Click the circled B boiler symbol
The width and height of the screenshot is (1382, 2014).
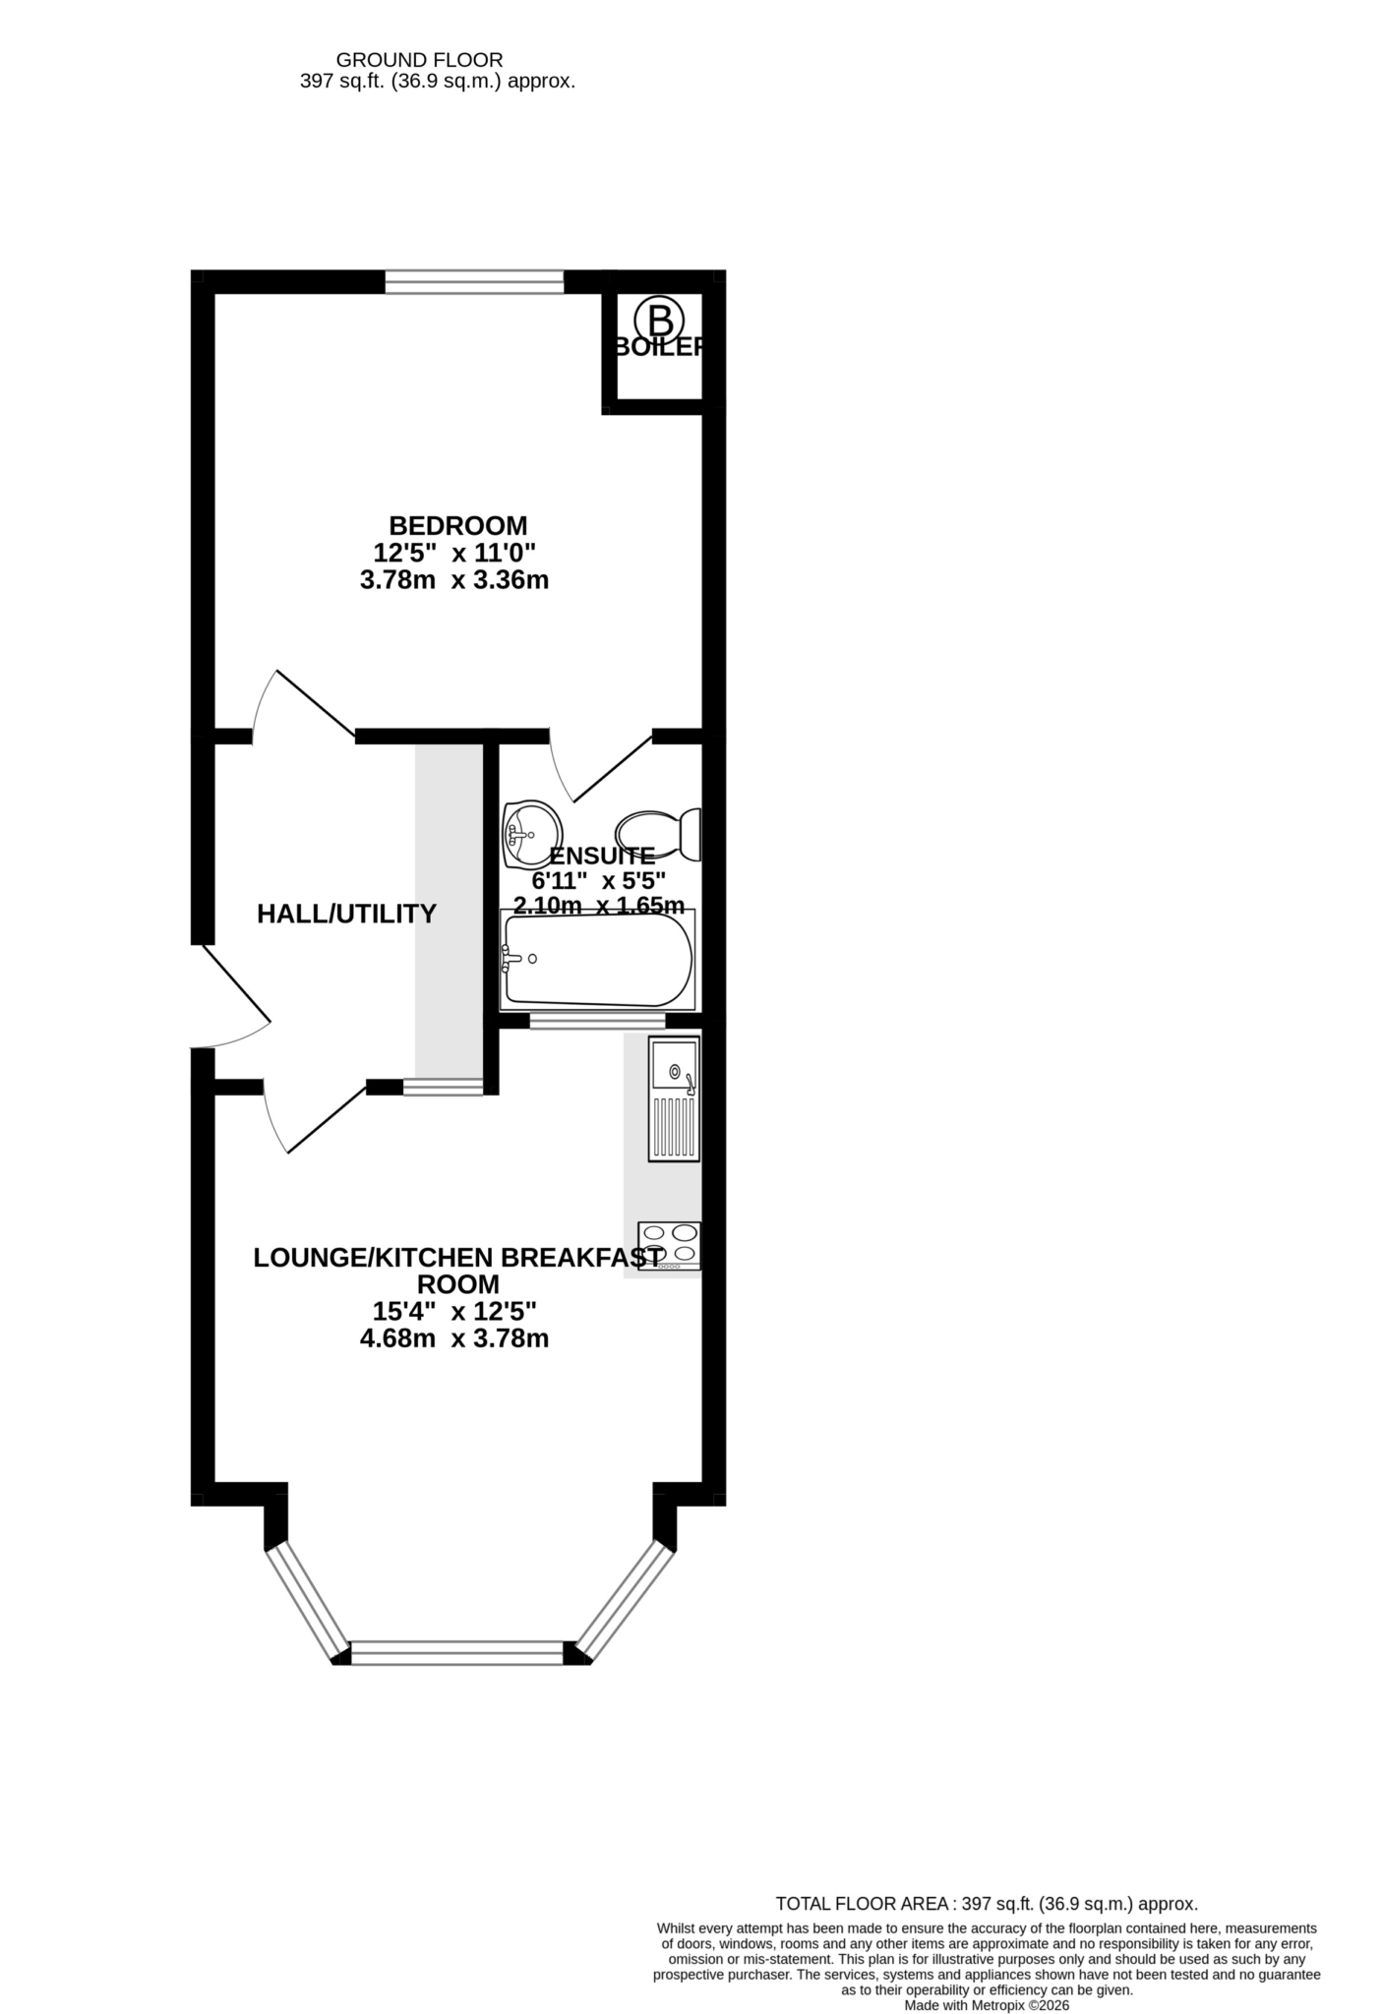[659, 319]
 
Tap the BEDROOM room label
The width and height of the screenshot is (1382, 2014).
[458, 525]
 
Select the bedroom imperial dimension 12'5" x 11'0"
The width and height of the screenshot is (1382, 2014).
[454, 553]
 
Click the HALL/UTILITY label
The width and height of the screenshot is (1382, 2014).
[346, 914]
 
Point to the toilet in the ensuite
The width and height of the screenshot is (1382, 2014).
[658, 834]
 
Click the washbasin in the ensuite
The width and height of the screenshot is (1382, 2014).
[530, 835]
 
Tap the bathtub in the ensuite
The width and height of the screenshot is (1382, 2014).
[598, 960]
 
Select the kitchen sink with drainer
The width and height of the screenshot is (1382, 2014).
[674, 1098]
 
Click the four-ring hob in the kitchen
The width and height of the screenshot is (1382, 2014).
[670, 1246]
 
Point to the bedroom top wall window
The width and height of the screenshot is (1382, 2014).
[474, 282]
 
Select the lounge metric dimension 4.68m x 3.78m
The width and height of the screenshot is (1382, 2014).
[454, 1338]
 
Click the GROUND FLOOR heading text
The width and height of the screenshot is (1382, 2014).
[419, 61]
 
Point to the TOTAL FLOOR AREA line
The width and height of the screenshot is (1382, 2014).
[987, 1904]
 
